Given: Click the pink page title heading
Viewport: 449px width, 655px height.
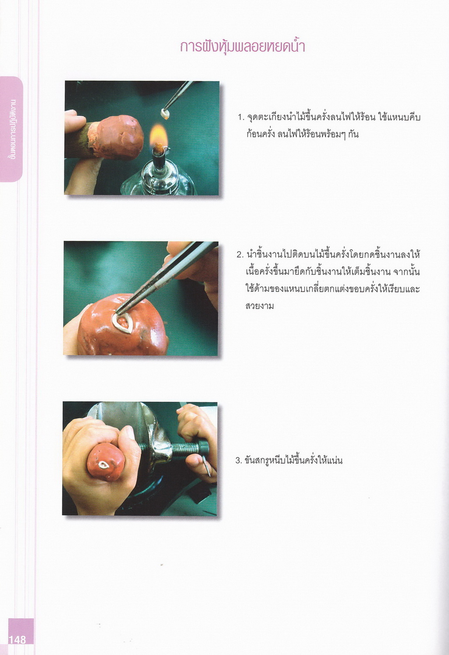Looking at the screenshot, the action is click(x=242, y=47).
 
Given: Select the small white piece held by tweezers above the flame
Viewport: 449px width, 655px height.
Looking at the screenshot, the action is click(x=165, y=115).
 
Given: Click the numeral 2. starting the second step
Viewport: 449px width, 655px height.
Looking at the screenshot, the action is click(x=240, y=255).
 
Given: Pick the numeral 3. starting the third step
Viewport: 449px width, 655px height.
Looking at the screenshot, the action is click(x=239, y=461).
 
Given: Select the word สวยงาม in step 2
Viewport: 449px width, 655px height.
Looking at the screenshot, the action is click(x=260, y=307).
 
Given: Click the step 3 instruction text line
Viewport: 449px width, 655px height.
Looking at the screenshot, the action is click(x=289, y=460).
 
